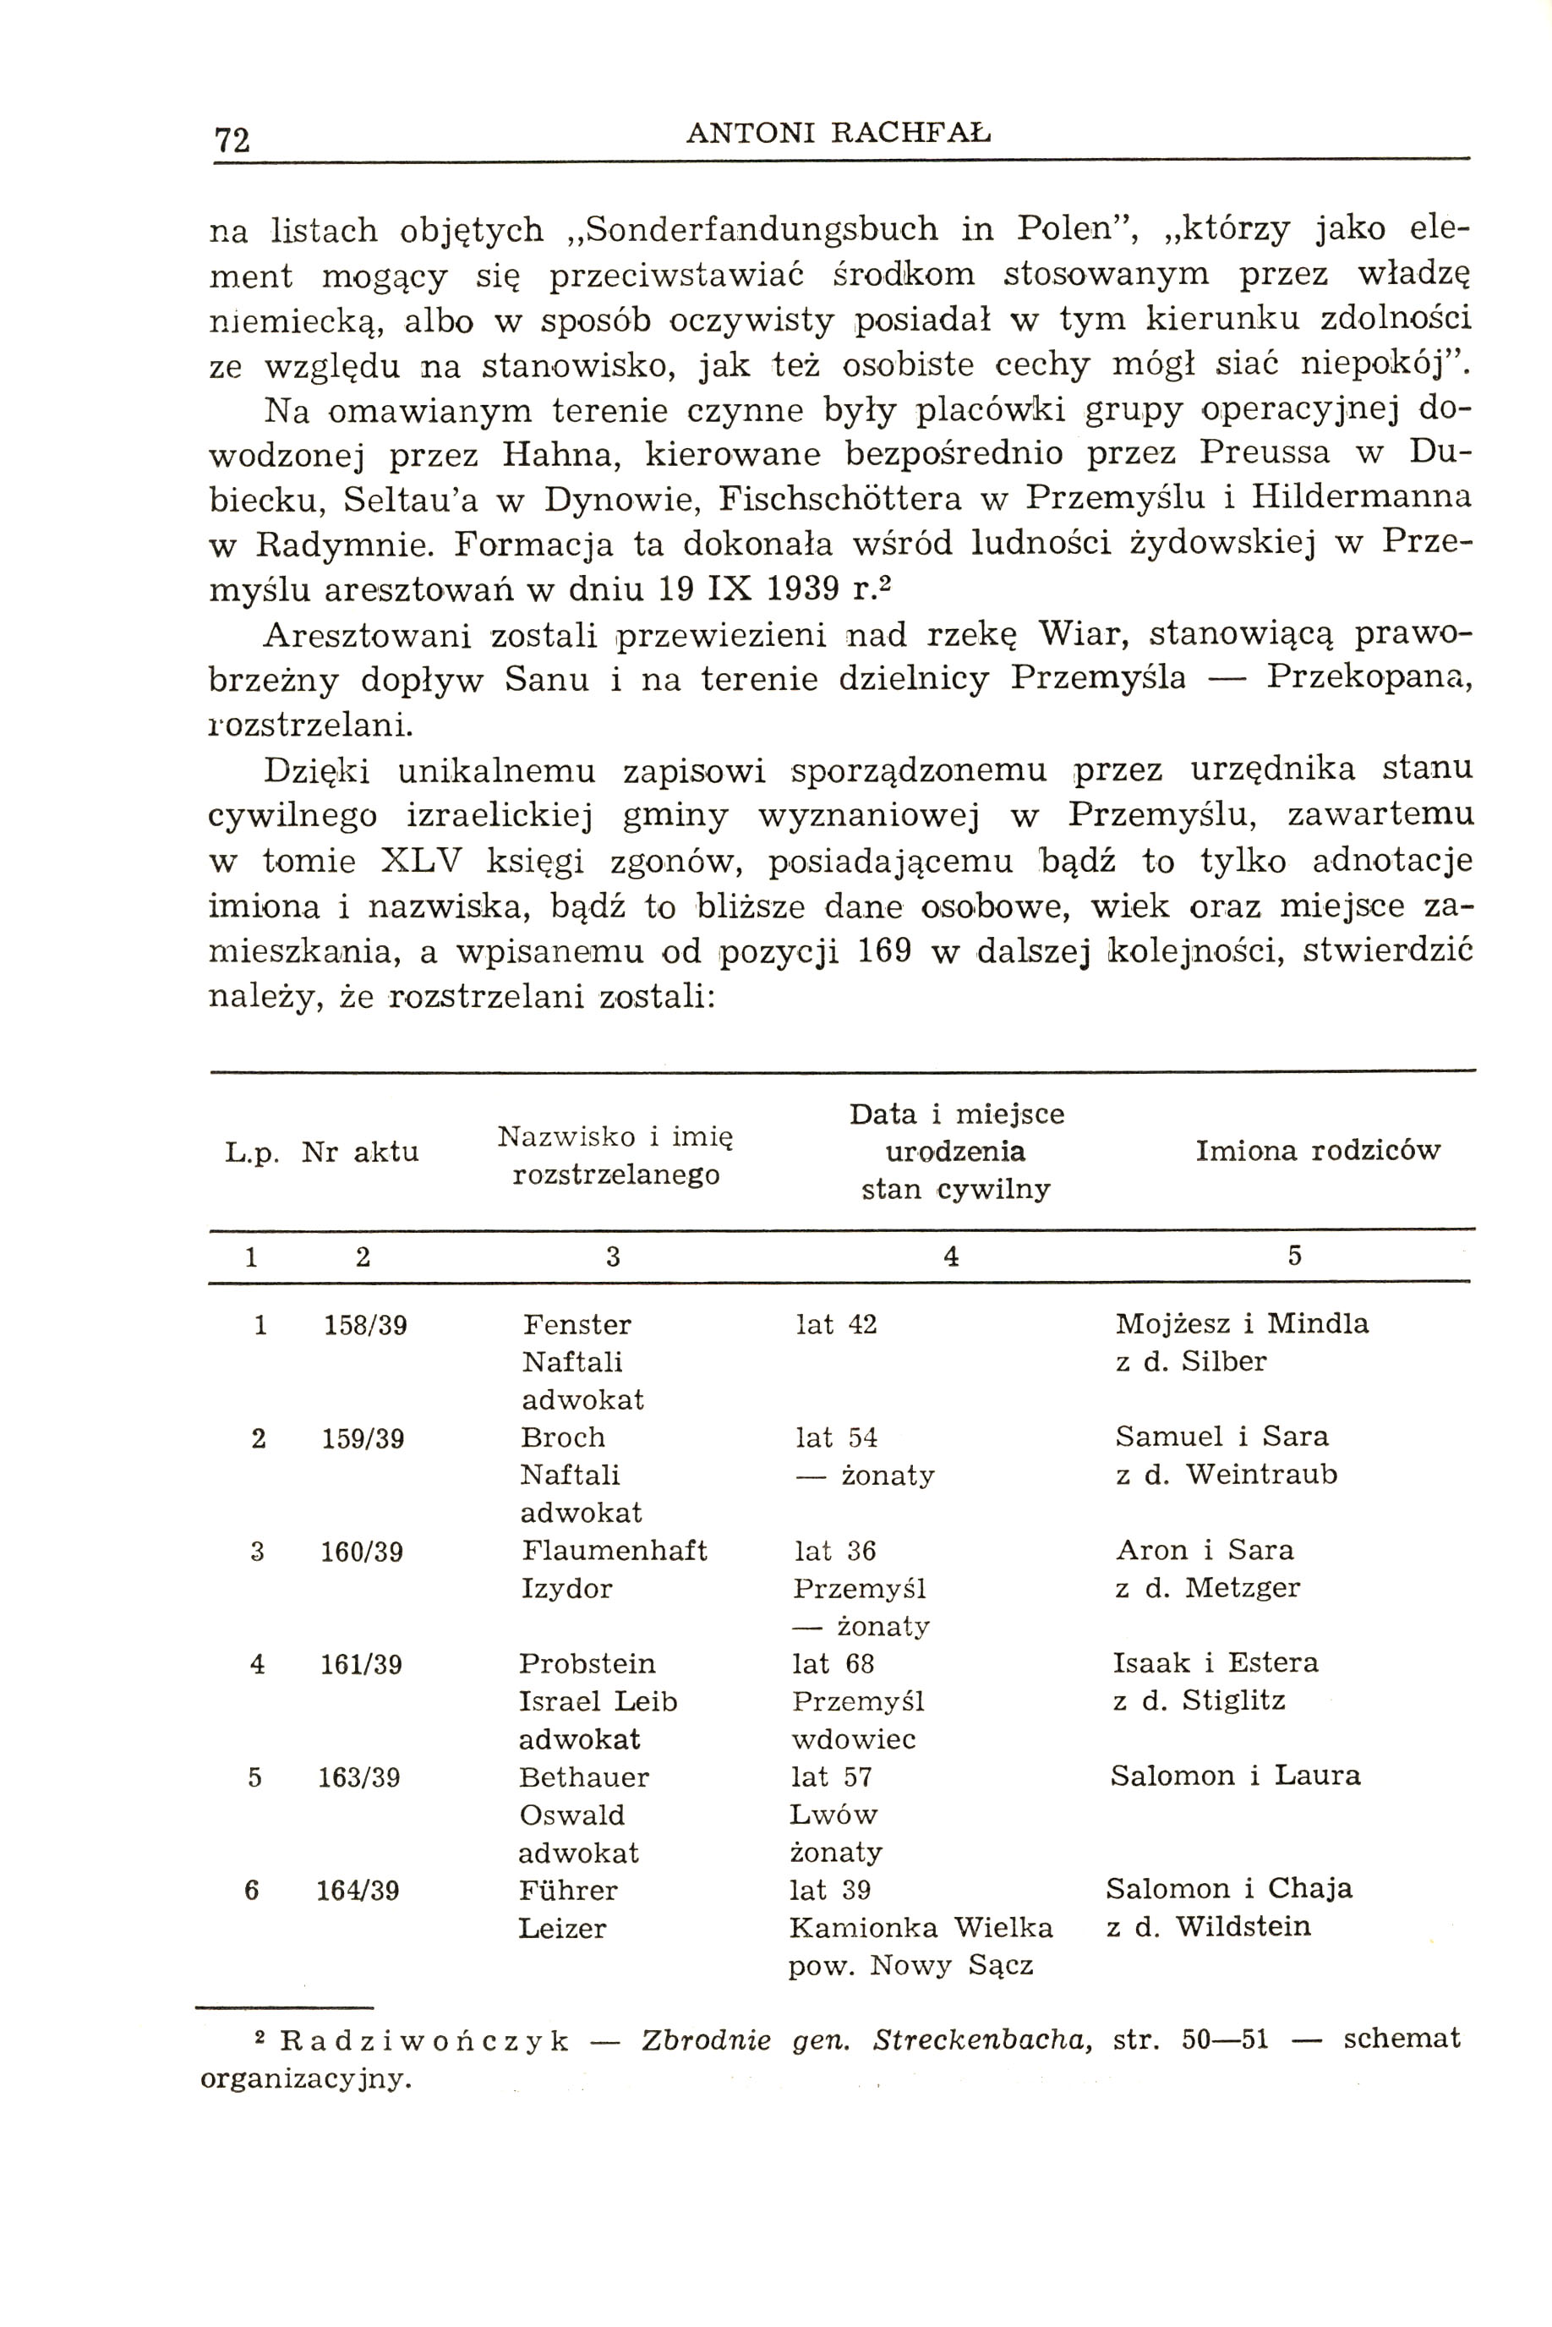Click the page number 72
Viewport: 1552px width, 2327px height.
click(x=232, y=140)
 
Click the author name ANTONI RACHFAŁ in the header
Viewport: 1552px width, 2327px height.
click(x=838, y=132)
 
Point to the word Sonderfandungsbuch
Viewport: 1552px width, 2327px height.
click(x=761, y=230)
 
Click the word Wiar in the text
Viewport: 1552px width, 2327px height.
click(x=1083, y=632)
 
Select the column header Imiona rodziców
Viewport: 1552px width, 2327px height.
click(x=1317, y=1150)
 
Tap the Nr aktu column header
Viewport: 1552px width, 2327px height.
click(x=360, y=1153)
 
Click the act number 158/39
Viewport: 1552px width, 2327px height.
click(x=365, y=1325)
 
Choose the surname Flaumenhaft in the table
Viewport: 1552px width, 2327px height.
click(x=614, y=1550)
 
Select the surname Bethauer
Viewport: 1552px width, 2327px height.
click(x=584, y=1777)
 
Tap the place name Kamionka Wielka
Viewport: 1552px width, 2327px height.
click(x=921, y=1927)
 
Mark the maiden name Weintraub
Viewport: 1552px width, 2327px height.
click(x=1261, y=1475)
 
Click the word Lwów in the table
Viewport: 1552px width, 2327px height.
click(x=833, y=1815)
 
